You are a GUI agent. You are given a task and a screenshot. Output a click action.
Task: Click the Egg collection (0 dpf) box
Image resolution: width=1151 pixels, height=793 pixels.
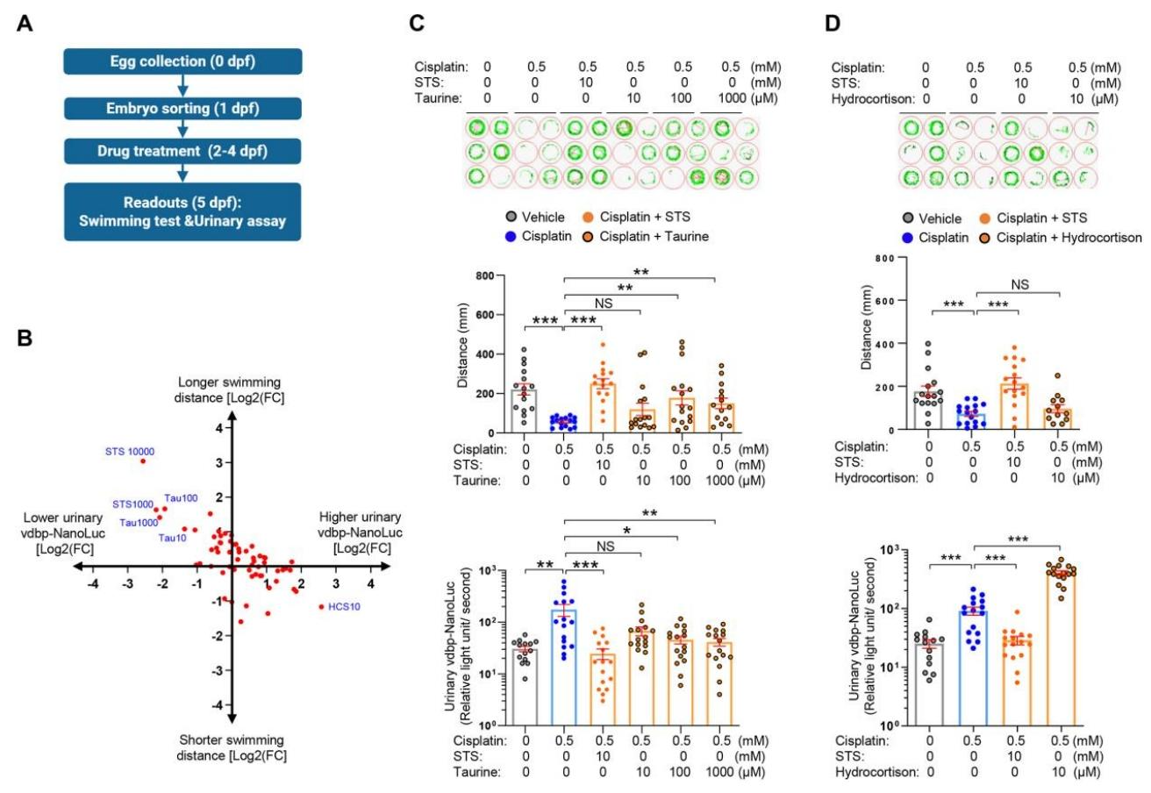point(183,61)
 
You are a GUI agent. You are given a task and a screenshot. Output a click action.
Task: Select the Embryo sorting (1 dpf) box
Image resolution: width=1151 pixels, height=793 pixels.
point(183,109)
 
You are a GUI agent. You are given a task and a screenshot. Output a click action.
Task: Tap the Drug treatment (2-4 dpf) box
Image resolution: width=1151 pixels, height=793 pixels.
point(183,151)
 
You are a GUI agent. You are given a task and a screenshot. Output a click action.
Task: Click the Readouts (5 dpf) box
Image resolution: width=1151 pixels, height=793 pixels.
point(183,211)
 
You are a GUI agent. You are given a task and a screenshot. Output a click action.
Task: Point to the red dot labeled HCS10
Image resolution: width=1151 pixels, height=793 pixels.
point(322,607)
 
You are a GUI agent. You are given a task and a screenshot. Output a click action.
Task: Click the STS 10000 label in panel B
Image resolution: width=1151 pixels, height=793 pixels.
point(130,452)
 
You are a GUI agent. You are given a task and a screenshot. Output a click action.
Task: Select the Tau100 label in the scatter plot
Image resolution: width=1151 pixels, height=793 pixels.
point(181,498)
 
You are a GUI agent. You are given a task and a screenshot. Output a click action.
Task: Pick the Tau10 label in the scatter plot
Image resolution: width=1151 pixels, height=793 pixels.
point(172,538)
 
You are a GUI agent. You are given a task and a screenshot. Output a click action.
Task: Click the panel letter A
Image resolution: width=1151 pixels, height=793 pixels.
point(25,24)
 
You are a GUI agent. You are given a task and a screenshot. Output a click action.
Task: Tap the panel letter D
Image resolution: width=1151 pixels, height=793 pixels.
point(833,24)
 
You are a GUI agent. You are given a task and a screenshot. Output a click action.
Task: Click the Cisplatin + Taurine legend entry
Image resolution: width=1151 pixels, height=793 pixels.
point(646,237)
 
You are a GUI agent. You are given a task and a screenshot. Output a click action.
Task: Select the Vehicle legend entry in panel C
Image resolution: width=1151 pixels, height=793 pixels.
point(535,217)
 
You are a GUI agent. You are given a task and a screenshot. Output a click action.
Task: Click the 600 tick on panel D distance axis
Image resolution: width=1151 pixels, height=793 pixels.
point(884,301)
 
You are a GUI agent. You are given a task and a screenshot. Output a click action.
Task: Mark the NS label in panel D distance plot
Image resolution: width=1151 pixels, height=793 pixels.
point(1020,285)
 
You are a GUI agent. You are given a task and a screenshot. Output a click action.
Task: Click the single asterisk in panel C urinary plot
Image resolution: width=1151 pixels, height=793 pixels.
point(626,531)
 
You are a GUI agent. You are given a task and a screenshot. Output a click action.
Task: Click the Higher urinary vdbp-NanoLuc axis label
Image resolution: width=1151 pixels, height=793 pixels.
point(361,532)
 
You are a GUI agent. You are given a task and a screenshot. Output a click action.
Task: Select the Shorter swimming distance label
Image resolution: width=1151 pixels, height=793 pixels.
point(232,747)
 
